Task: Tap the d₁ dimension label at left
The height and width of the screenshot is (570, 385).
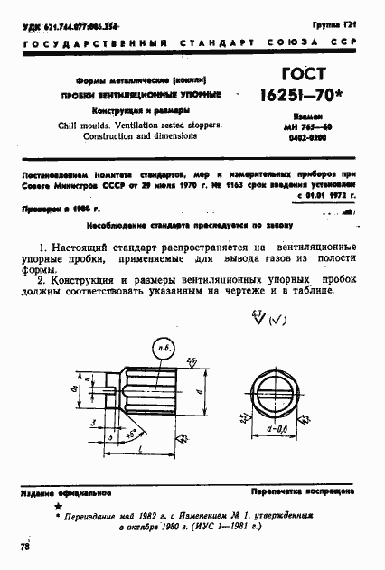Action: (x=76, y=390)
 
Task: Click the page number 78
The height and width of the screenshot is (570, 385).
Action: (x=24, y=547)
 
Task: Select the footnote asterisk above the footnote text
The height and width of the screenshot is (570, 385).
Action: (x=66, y=509)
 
